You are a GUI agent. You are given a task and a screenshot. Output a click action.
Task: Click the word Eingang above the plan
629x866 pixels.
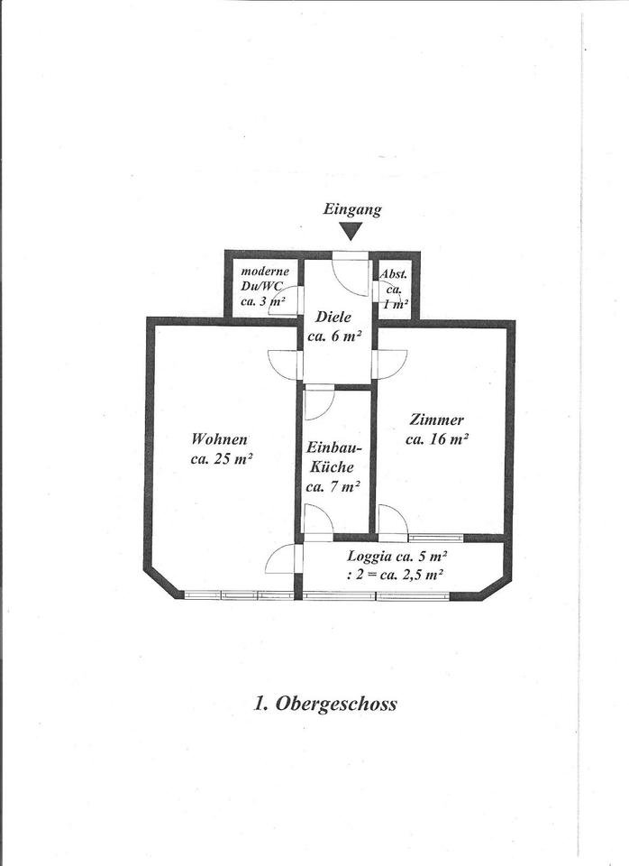[x=352, y=209]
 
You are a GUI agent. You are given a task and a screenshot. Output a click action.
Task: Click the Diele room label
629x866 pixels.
[x=333, y=318]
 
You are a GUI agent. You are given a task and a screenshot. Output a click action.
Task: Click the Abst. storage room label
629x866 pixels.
[x=394, y=274]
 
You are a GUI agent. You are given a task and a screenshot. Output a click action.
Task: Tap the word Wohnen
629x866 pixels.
[x=219, y=439]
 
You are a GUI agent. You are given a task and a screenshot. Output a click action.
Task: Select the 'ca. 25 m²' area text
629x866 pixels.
[x=221, y=458]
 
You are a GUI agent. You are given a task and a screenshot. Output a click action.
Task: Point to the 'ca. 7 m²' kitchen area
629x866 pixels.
[x=333, y=486]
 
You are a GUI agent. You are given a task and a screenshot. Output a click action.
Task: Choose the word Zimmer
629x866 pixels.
[x=436, y=419]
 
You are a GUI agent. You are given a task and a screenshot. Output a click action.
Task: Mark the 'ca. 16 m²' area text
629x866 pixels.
[x=437, y=439]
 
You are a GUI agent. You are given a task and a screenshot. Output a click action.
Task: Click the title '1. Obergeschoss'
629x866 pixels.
[x=324, y=704]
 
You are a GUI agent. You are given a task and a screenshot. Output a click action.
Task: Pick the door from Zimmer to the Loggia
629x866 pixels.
[x=391, y=521]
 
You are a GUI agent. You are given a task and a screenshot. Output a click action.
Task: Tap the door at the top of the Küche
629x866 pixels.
[x=318, y=401]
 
